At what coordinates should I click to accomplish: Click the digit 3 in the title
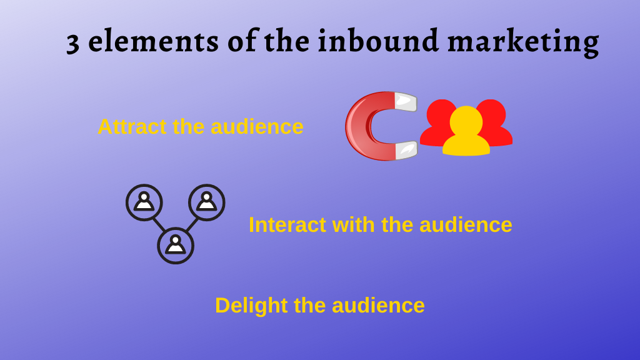click(73, 43)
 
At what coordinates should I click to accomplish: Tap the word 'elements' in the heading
click(153, 41)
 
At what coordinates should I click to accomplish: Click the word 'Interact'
click(287, 225)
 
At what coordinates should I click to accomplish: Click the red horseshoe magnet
click(362, 126)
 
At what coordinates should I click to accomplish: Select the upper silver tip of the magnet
click(405, 101)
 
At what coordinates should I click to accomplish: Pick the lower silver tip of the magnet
click(405, 150)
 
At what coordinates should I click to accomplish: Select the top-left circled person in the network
click(144, 202)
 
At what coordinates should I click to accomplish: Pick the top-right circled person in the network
click(206, 202)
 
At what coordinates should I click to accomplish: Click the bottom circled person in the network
click(176, 246)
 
